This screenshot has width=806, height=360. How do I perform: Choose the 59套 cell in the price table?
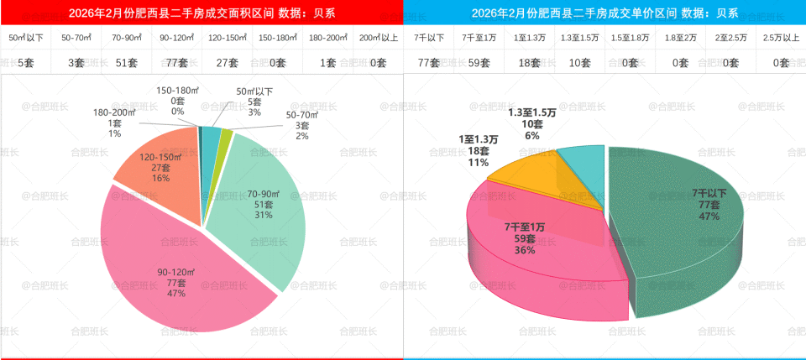click(x=478, y=61)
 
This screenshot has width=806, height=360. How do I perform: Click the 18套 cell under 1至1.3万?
click(x=528, y=61)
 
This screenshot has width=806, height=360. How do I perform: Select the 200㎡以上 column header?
click(x=378, y=38)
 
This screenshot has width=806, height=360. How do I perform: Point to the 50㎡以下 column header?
click(x=25, y=38)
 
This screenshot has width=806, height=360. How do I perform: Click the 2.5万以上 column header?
click(x=781, y=38)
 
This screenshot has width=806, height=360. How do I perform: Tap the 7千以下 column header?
click(x=428, y=38)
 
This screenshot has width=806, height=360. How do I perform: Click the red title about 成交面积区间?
click(x=201, y=13)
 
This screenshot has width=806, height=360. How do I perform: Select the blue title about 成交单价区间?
click(x=604, y=13)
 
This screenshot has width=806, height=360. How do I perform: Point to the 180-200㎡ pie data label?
click(x=114, y=123)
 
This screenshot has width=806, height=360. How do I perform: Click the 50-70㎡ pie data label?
click(x=303, y=125)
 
